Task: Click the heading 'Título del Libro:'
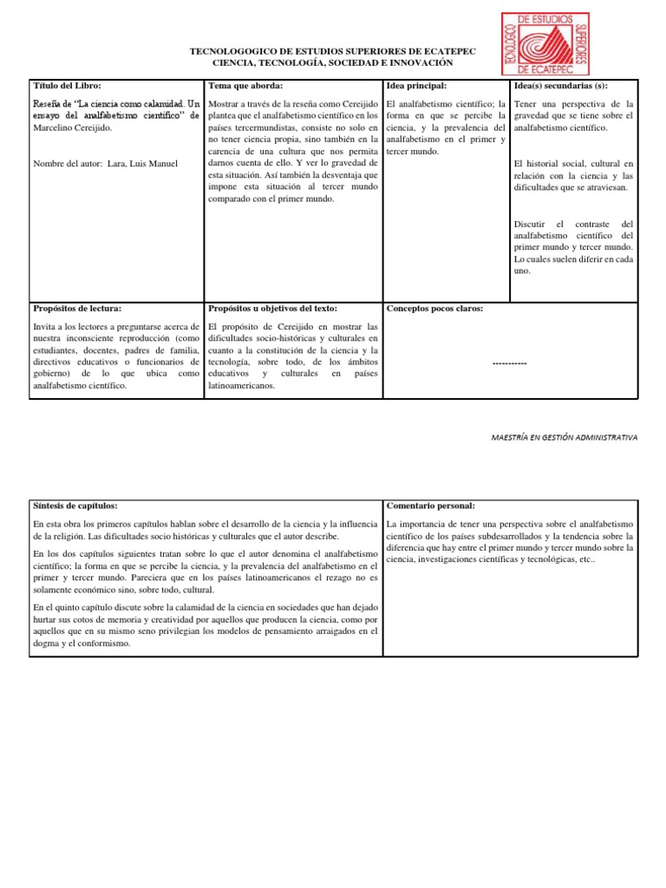coord(67,86)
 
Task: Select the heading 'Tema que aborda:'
coord(245,86)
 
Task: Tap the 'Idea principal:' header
coord(416,86)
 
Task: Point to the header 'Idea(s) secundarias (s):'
coord(561,86)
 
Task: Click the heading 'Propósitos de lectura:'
coord(77,308)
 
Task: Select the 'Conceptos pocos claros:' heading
coord(434,308)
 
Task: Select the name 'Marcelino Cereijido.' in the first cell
coord(73,127)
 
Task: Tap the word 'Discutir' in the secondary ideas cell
coord(532,224)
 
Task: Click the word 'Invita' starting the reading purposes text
coord(45,325)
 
